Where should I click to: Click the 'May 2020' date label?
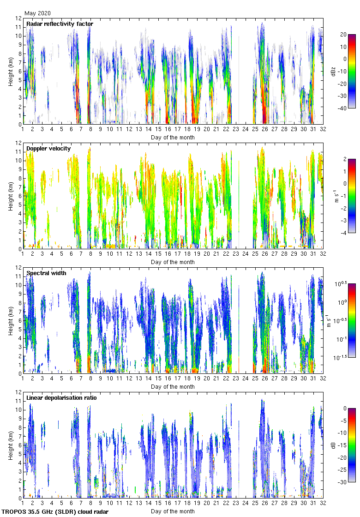click(x=38, y=13)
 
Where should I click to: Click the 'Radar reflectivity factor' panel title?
click(x=60, y=24)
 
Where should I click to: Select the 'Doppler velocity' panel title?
click(x=48, y=148)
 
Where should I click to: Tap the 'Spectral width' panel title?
click(x=46, y=273)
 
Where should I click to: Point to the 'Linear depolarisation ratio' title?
click(x=61, y=397)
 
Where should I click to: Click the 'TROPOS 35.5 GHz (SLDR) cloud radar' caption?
click(x=55, y=512)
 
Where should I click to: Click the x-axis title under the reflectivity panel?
click(x=173, y=137)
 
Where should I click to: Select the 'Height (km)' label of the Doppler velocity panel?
click(x=11, y=196)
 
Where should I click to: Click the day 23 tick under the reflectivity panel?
click(x=236, y=130)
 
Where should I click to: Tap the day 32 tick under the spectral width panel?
click(x=323, y=379)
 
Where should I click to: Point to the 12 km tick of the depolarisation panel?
click(x=19, y=392)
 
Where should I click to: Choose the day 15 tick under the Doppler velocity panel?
click(x=158, y=254)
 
